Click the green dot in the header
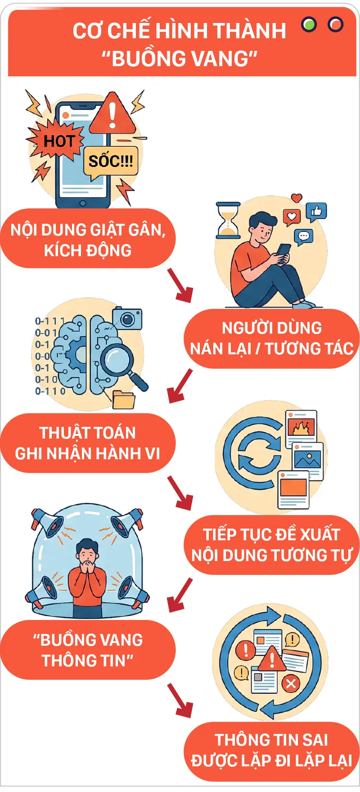(309, 24)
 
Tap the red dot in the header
(335, 24)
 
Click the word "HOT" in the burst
(59, 141)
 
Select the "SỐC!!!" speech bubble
(111, 161)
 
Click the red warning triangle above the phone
(112, 113)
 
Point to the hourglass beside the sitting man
(229, 220)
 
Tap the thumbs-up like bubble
(316, 212)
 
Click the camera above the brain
(127, 319)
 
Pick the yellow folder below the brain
(124, 400)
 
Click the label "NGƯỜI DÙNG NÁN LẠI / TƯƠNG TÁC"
(271, 339)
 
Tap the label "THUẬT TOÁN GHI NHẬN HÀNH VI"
(88, 443)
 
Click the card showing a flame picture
(301, 427)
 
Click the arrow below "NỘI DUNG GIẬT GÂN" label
(180, 285)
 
